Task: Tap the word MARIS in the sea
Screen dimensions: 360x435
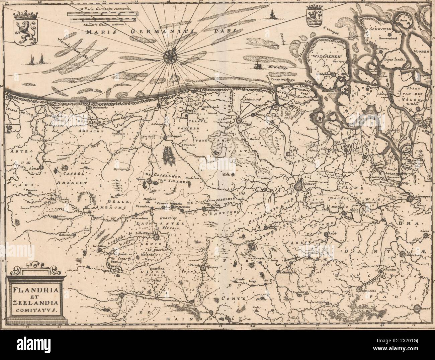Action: (98, 32)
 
